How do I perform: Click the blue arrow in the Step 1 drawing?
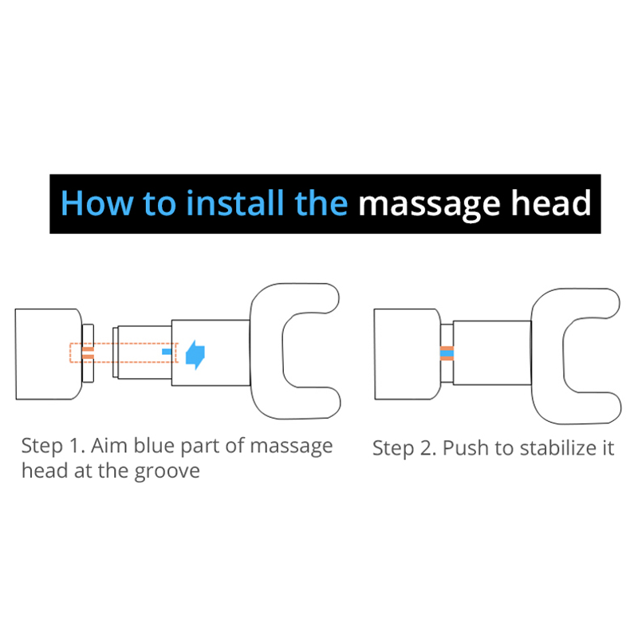coord(195,354)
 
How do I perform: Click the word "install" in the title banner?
coord(234,203)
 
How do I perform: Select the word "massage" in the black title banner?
coord(429,206)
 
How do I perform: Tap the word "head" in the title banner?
coord(551,203)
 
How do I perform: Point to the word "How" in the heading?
coord(96,203)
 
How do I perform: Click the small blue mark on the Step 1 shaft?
coord(167,352)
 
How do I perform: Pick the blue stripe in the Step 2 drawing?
coord(447,353)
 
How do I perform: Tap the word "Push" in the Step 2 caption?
coord(466,448)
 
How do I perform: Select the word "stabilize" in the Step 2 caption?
coord(557,448)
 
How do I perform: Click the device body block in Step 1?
coord(49,354)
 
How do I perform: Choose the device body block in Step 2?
coord(408,354)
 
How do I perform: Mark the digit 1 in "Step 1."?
coord(75,446)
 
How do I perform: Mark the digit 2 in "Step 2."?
coord(426,448)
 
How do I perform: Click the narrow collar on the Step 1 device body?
coord(88,353)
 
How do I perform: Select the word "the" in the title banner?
coord(321,203)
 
